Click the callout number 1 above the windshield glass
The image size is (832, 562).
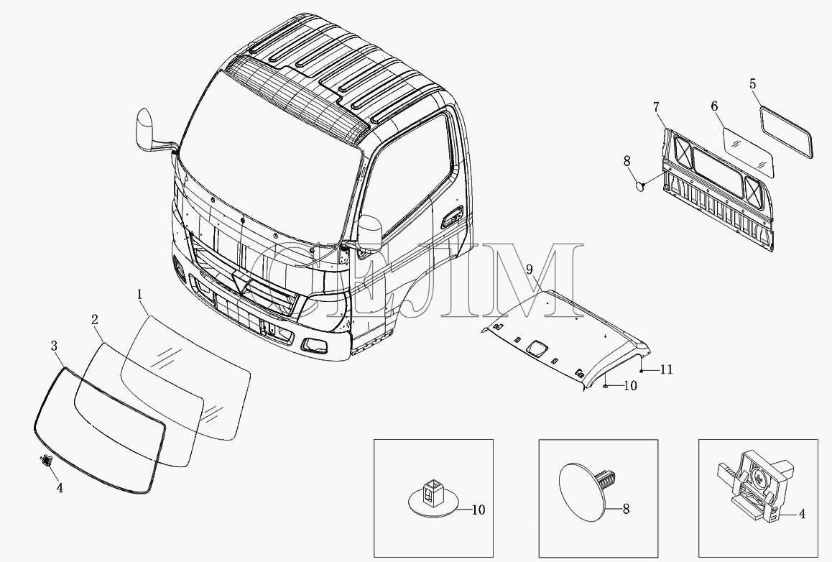pyautogui.click(x=139, y=294)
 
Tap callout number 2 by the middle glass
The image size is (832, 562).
pyautogui.click(x=94, y=320)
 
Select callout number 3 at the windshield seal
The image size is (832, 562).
pyautogui.click(x=54, y=346)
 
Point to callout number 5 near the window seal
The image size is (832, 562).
pyautogui.click(x=753, y=84)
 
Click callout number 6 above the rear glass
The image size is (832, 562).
pyautogui.click(x=714, y=106)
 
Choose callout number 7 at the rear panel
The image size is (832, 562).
pyautogui.click(x=657, y=108)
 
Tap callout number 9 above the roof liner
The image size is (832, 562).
pyautogui.click(x=530, y=269)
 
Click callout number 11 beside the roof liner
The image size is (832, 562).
pyautogui.click(x=667, y=369)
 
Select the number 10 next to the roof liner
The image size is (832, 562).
pyautogui.click(x=630, y=386)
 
